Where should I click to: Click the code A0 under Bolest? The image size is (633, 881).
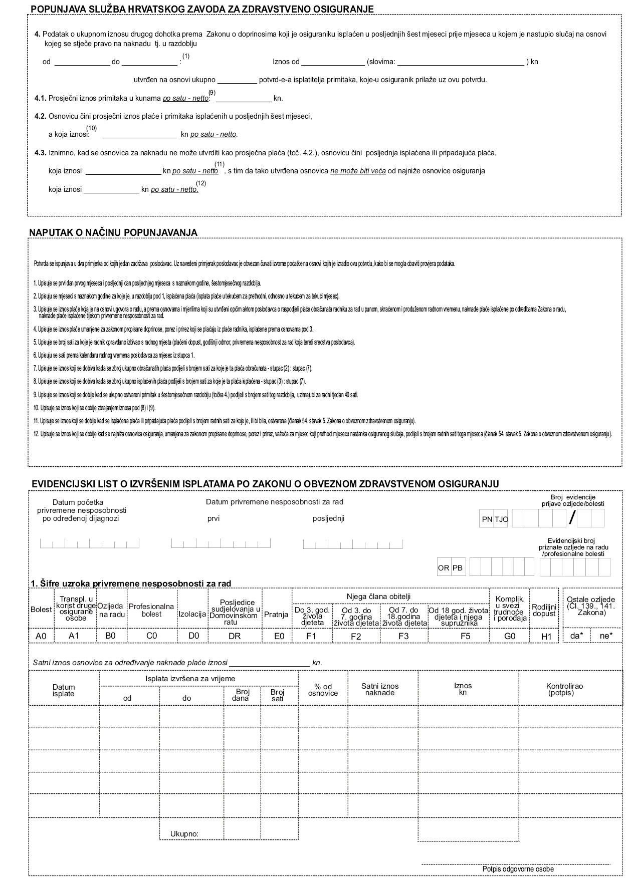click(x=41, y=636)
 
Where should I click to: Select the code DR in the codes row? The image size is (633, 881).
click(x=235, y=636)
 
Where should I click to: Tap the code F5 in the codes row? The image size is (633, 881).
click(x=465, y=636)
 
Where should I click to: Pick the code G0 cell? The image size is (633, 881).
click(x=509, y=636)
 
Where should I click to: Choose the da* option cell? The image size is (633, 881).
click(x=576, y=636)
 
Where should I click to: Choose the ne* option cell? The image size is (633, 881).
click(x=606, y=636)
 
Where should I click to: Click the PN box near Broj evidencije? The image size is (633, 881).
click(x=487, y=519)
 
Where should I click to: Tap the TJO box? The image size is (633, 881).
click(x=501, y=519)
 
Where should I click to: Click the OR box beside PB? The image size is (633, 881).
click(x=444, y=568)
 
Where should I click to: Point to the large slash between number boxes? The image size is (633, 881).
click(x=572, y=518)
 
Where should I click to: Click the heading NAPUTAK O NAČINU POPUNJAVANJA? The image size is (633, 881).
click(x=113, y=233)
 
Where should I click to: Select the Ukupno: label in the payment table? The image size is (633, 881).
click(x=184, y=834)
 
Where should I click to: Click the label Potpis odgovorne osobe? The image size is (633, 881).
click(x=518, y=869)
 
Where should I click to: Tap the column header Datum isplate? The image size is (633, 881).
click(x=64, y=690)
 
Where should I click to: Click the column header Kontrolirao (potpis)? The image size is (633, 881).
click(x=564, y=690)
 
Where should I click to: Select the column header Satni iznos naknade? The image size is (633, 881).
click(x=380, y=690)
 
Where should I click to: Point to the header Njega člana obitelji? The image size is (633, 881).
click(x=378, y=597)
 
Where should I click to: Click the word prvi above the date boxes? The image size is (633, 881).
click(x=214, y=519)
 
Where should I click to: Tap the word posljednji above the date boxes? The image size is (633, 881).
click(x=328, y=519)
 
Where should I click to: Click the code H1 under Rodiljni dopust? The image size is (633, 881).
click(x=546, y=636)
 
